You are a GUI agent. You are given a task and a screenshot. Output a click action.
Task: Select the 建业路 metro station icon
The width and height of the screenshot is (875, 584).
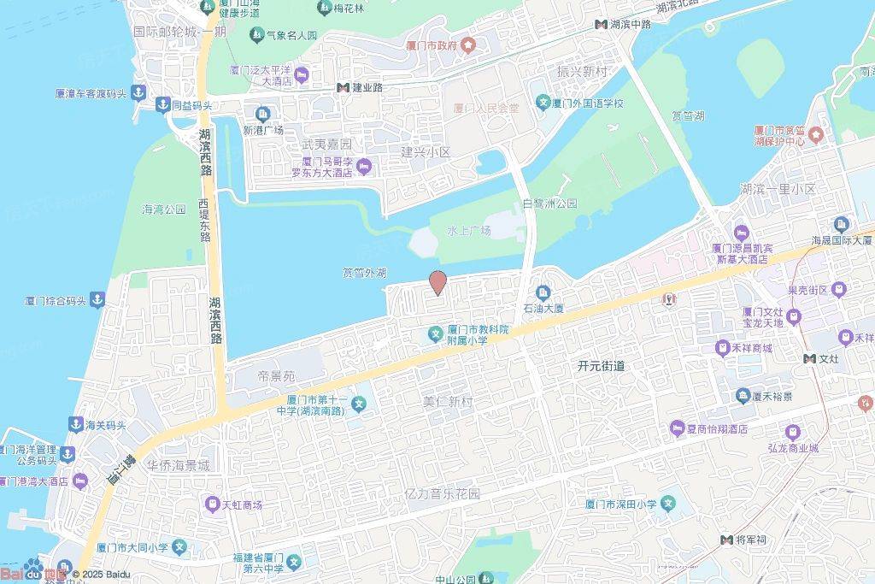pyautogui.click(x=342, y=87)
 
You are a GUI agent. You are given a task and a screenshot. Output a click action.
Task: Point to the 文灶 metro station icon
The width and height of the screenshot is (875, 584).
pyautogui.click(x=808, y=358)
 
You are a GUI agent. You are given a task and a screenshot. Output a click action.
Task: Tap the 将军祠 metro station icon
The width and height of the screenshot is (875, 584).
pyautogui.click(x=727, y=540)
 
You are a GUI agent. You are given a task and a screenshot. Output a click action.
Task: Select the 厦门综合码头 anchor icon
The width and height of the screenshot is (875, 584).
pyautogui.click(x=98, y=300)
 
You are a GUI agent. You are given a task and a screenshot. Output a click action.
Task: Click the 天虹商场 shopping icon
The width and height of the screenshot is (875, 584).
pyautogui.click(x=211, y=504)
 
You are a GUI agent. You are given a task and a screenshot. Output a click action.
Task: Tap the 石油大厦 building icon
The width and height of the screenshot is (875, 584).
pyautogui.click(x=543, y=293)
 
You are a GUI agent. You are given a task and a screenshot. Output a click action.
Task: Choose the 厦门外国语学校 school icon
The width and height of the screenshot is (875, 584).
pyautogui.click(x=542, y=103)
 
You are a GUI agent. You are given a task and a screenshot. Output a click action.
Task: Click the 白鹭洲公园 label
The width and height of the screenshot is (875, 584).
pyautogui.click(x=549, y=204)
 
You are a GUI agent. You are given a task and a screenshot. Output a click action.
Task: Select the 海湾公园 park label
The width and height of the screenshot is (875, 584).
pyautogui.click(x=163, y=209)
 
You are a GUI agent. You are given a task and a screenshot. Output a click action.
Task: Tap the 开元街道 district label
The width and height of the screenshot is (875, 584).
pyautogui.click(x=601, y=365)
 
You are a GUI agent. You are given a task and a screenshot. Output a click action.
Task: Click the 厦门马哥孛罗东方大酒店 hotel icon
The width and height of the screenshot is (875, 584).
pyautogui.click(x=364, y=165)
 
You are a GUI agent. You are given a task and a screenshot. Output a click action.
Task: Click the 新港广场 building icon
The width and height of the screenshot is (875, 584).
pyautogui.click(x=262, y=113)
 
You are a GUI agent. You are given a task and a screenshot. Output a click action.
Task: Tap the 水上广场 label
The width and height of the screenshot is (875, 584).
pyautogui.click(x=469, y=231)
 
